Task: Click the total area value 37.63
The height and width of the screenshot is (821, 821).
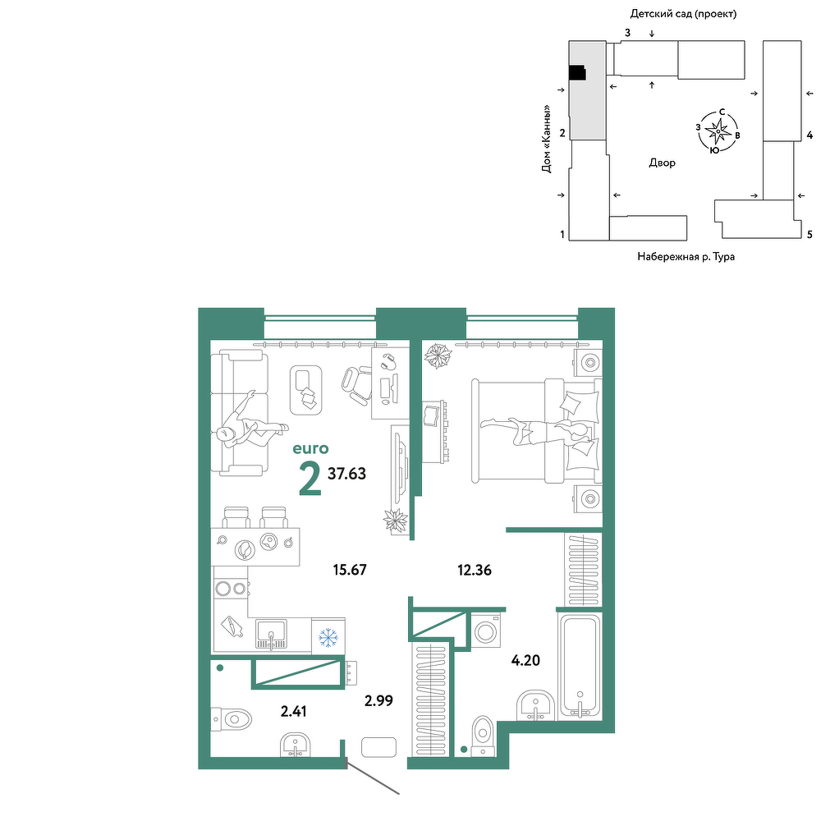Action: [346, 474]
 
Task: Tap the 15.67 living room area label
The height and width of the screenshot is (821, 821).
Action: [350, 569]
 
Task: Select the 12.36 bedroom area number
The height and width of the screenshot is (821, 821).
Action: [475, 570]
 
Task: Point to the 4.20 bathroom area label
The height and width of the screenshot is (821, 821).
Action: [525, 660]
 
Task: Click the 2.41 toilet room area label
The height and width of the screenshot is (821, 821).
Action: [294, 711]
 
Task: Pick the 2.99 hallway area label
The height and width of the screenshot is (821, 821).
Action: [378, 700]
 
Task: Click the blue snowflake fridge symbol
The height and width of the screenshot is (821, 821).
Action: [328, 637]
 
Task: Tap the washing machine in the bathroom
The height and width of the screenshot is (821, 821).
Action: [486, 631]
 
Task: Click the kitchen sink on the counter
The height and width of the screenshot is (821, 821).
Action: [271, 634]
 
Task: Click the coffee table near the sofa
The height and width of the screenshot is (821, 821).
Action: [305, 390]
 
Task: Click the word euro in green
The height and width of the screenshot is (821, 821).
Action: [310, 448]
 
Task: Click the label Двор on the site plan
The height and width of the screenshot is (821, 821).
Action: [662, 163]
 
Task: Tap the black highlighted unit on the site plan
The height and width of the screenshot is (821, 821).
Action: [577, 73]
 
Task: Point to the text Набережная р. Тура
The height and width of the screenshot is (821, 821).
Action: [686, 256]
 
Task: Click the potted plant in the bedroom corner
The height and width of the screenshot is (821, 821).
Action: [438, 356]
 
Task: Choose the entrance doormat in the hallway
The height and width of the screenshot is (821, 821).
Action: [378, 746]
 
